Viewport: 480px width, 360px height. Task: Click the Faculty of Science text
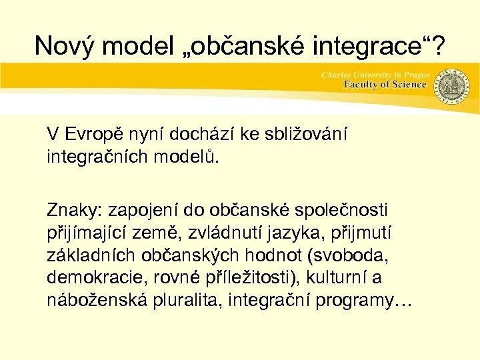[x=385, y=85]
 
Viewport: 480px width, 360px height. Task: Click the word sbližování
[x=313, y=133]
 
